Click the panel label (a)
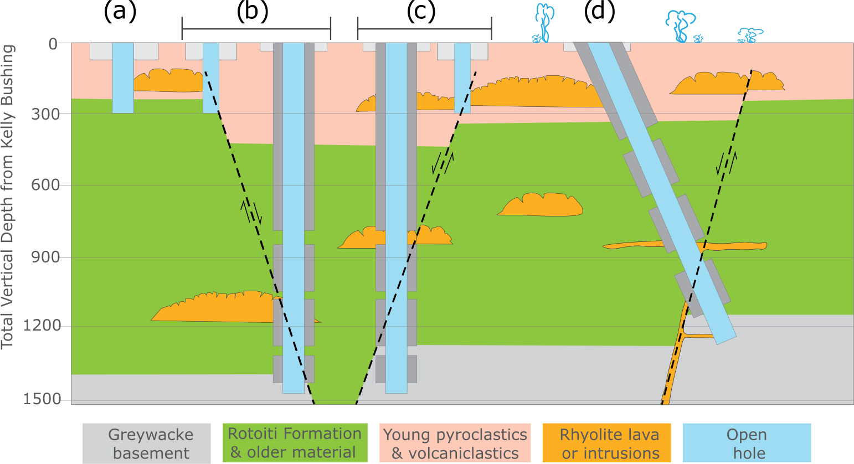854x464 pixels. [120, 12]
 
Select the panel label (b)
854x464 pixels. [253, 12]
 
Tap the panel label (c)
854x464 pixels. [421, 12]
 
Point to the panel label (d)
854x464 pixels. [599, 12]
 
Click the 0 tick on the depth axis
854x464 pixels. [53, 44]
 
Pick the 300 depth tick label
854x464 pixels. [45, 115]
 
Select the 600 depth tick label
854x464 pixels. [45, 185]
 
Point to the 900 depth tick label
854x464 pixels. [45, 257]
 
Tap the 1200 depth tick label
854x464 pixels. [42, 326]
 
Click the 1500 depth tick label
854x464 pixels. [42, 399]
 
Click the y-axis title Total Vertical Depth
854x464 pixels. [7, 197]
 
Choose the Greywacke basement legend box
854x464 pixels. [147, 444]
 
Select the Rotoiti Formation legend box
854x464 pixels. [295, 443]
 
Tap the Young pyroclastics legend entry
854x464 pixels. [455, 444]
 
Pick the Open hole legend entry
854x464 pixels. [747, 444]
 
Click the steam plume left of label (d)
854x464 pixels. [544, 24]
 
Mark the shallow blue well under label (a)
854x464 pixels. [123, 78]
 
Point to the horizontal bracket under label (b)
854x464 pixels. [256, 29]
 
